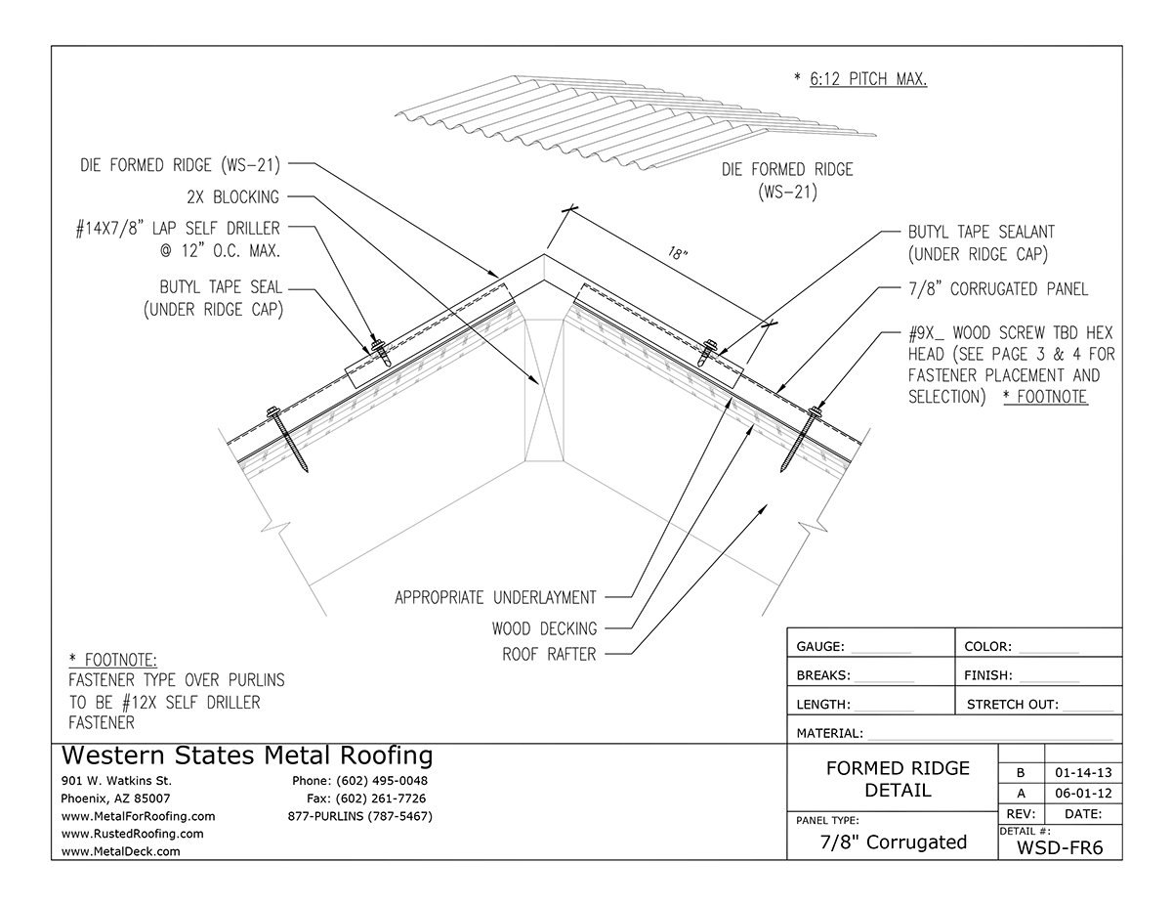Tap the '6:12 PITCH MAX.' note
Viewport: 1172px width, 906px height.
tap(859, 79)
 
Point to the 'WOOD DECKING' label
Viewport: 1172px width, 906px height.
tap(544, 628)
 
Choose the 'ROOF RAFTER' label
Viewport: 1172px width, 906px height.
tap(549, 654)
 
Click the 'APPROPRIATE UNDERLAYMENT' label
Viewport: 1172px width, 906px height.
tap(495, 596)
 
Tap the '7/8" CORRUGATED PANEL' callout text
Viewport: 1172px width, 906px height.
tap(997, 288)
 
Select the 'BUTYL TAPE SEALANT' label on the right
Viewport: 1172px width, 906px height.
tap(981, 233)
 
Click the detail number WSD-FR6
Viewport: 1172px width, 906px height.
tap(1060, 847)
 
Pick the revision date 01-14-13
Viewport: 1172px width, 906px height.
tap(1082, 771)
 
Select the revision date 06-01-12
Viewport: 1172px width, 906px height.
tap(1082, 793)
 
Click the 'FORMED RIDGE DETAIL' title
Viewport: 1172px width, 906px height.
tap(898, 779)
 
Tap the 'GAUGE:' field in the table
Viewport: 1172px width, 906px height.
tap(826, 646)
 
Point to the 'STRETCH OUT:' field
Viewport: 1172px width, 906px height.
tap(1012, 704)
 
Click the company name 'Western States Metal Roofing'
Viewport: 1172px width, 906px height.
tap(246, 755)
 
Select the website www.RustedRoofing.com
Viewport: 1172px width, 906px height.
tap(132, 834)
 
